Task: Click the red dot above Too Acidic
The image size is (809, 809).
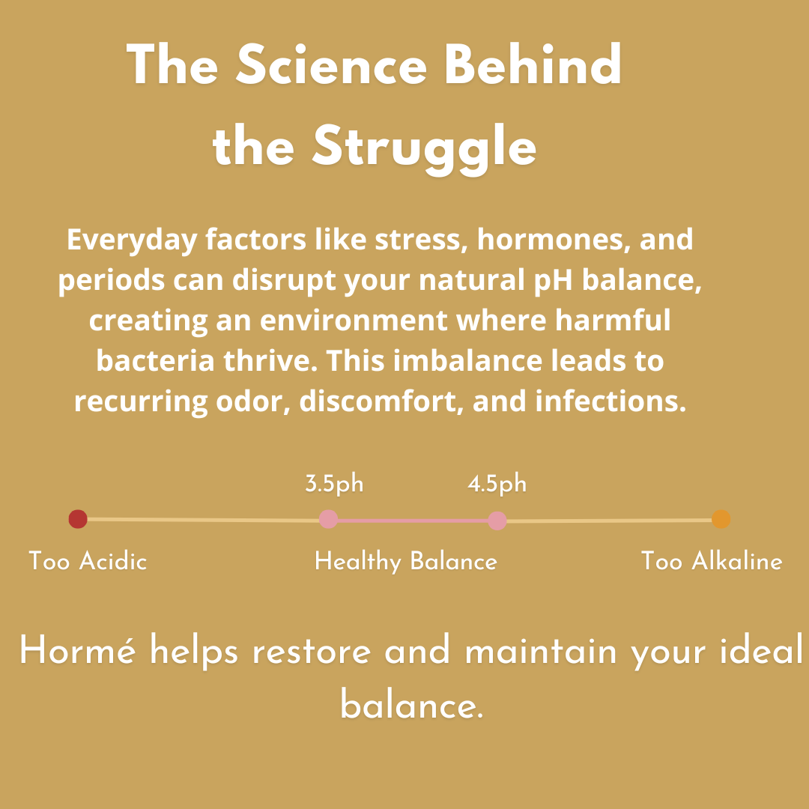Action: [78, 519]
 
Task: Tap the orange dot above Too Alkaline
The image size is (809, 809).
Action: [721, 519]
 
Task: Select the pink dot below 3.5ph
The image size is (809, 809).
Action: [329, 519]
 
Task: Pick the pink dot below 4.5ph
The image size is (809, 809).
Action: [497, 521]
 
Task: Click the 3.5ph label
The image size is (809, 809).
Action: [334, 484]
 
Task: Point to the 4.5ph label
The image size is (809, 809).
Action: [497, 484]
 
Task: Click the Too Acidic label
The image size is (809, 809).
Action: [88, 561]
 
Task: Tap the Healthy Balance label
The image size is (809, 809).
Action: [405, 561]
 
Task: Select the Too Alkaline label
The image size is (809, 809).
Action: [712, 561]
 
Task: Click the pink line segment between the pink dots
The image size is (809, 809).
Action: [413, 521]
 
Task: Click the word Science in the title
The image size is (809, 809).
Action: [331, 65]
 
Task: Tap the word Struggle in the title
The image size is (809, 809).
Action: [424, 148]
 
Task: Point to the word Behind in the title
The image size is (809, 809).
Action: [533, 64]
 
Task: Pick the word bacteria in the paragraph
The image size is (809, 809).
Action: [155, 360]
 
